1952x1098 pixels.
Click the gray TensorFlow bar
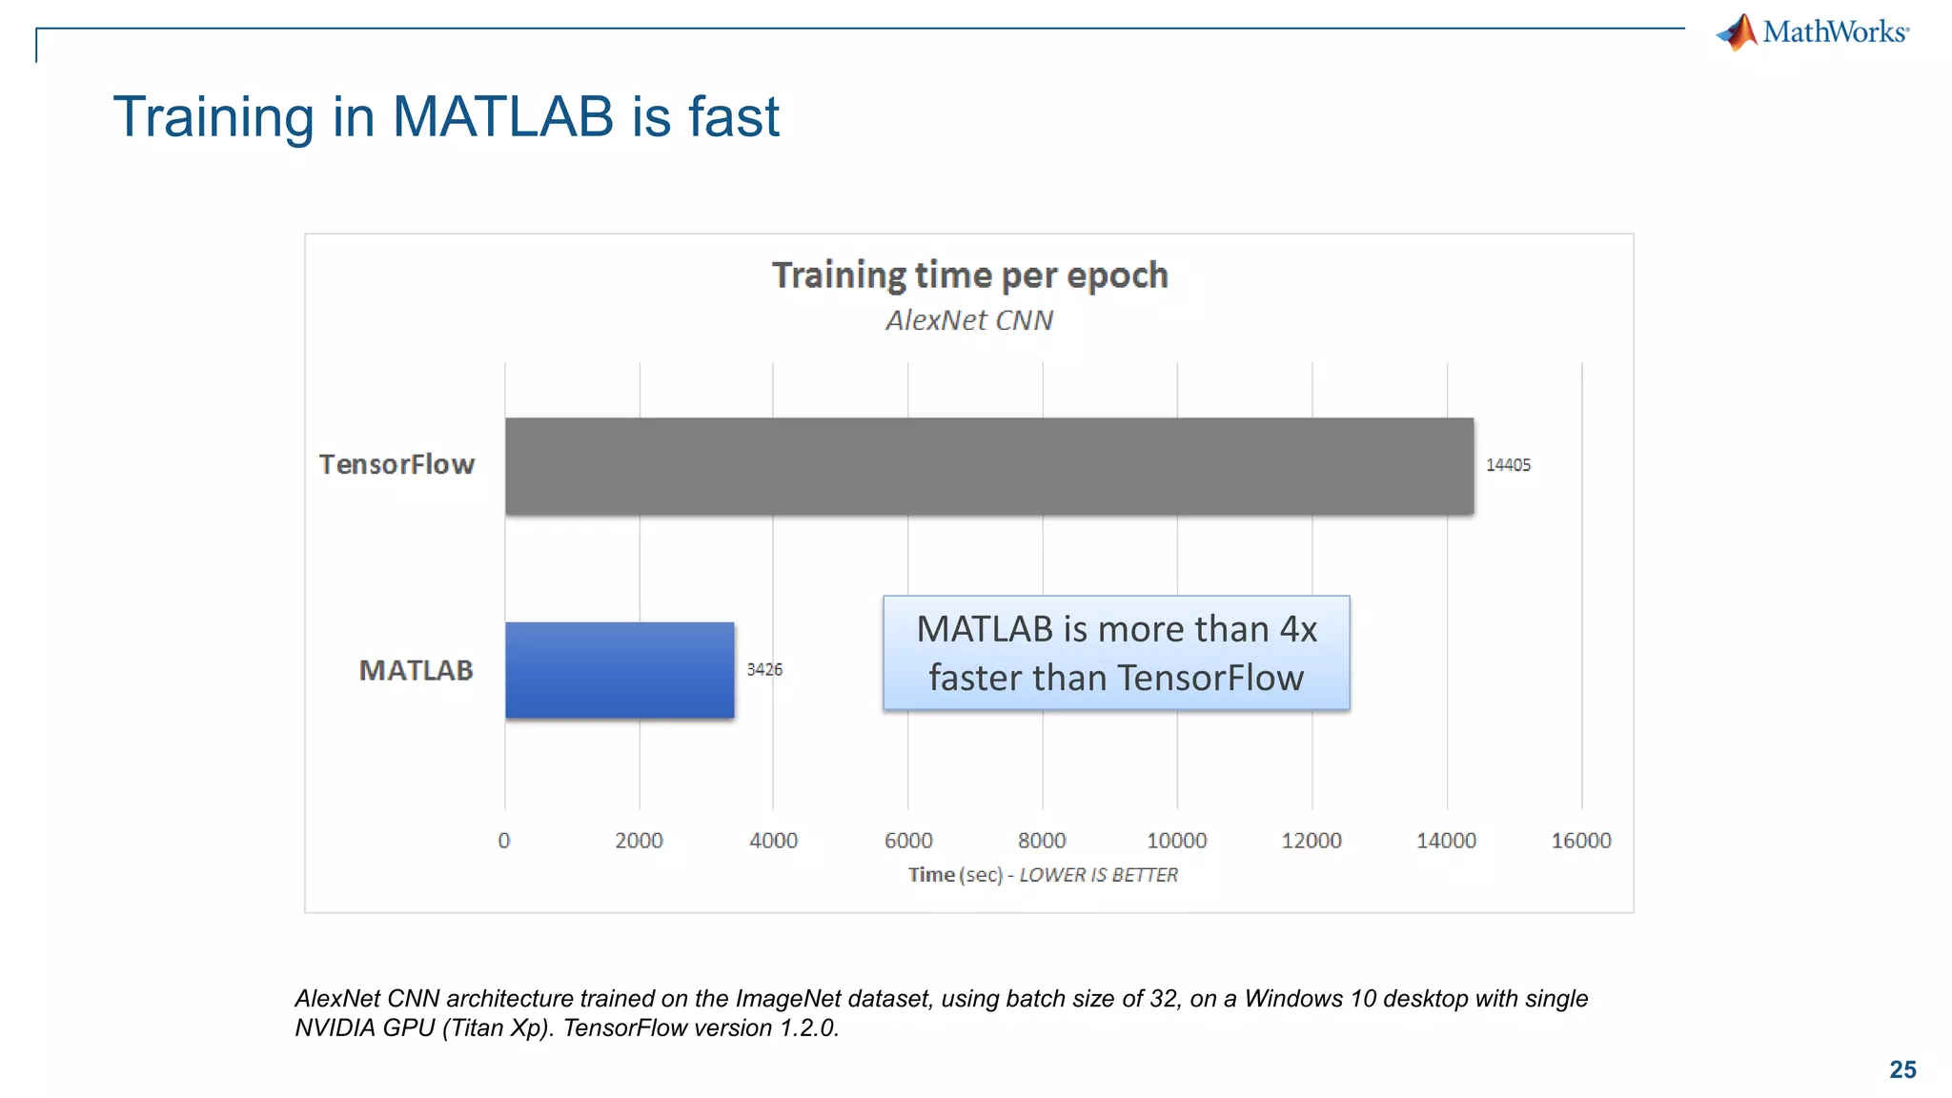[988, 466]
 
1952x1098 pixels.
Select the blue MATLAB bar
[620, 669]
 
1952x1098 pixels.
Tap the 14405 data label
[1508, 465]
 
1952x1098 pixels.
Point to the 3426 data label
[764, 670]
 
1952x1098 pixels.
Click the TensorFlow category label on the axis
[396, 464]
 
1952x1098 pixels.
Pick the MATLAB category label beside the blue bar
[416, 670]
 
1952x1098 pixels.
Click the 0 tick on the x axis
[504, 841]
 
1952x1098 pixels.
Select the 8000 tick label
[1042, 841]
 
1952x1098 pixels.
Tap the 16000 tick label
[1580, 841]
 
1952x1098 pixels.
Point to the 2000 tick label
[639, 841]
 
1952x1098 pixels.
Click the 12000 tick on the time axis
[1311, 841]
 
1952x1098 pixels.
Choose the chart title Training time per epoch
[969, 275]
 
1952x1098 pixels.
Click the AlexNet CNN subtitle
[969, 320]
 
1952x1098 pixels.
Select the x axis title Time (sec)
[954, 875]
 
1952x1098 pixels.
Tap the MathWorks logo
[1813, 32]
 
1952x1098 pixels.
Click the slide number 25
[1902, 1069]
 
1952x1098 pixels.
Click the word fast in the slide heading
[733, 117]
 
